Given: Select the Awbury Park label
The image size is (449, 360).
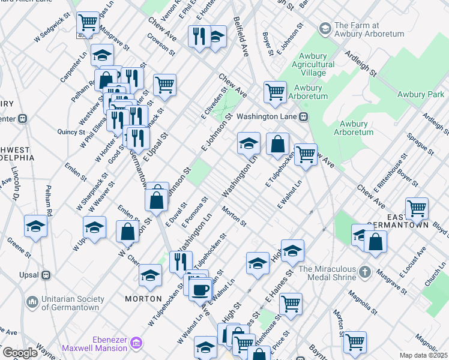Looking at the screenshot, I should tap(421, 94).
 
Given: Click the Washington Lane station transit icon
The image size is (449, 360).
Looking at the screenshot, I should tap(304, 116).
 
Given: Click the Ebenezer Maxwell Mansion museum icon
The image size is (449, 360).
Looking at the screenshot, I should tap(136, 343).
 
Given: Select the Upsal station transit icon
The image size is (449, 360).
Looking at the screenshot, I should tap(45, 275).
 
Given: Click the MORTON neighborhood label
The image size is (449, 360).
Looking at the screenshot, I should tap(143, 298).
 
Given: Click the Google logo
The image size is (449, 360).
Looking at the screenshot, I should tap(20, 352).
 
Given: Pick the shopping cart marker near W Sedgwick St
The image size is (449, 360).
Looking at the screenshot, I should tap(88, 23).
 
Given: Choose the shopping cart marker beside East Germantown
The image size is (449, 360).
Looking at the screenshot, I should tap(416, 208).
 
